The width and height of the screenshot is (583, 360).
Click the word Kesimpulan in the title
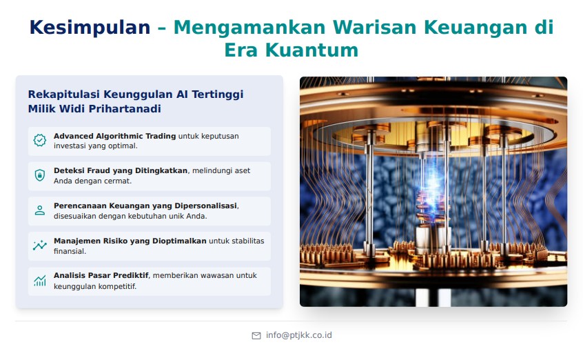click(90, 28)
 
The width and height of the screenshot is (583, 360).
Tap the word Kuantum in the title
click(311, 50)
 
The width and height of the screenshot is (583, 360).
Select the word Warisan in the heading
click(375, 28)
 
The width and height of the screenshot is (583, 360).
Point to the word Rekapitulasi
click(63, 94)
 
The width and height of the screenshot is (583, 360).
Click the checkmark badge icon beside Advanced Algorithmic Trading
click(40, 141)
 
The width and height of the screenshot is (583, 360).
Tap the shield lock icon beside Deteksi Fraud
click(40, 175)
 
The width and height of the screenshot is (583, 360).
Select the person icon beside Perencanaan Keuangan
click(40, 210)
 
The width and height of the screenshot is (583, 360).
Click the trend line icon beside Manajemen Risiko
click(40, 246)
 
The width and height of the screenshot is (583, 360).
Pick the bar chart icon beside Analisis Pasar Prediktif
click(40, 280)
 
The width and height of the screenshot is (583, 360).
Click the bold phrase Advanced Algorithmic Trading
click(114, 136)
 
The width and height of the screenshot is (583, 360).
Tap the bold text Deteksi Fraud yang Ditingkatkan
click(121, 170)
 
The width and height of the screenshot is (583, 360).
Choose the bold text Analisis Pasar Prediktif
click(101, 275)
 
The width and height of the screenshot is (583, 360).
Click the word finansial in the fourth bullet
click(70, 251)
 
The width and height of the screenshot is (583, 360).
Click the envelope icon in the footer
click(256, 336)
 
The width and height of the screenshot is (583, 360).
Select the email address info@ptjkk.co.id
click(299, 335)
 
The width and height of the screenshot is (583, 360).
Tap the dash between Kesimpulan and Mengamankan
click(162, 28)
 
